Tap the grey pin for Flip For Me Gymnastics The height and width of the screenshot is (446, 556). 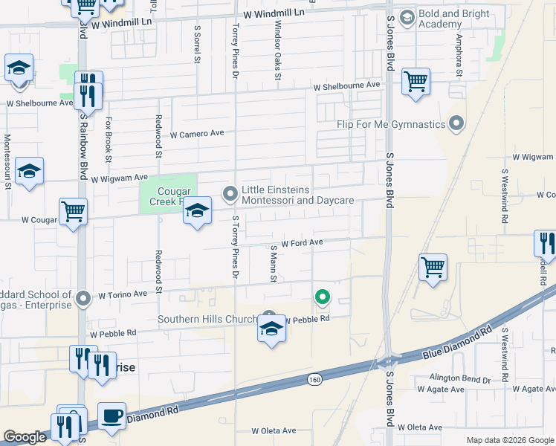(456, 123)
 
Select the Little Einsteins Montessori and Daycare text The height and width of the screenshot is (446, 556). (296, 195)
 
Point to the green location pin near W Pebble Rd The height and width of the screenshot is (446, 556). (322, 297)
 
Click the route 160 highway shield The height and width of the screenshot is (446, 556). (315, 379)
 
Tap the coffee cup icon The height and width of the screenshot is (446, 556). (111, 416)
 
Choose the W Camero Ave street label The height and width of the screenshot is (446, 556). (197, 135)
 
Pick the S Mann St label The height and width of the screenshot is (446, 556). (274, 264)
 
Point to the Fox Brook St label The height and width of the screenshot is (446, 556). (109, 139)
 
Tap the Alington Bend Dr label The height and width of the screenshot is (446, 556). (454, 379)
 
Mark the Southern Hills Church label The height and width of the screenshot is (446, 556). (207, 320)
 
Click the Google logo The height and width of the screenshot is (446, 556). (25, 438)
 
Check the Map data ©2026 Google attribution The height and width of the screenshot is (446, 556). (509, 440)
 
